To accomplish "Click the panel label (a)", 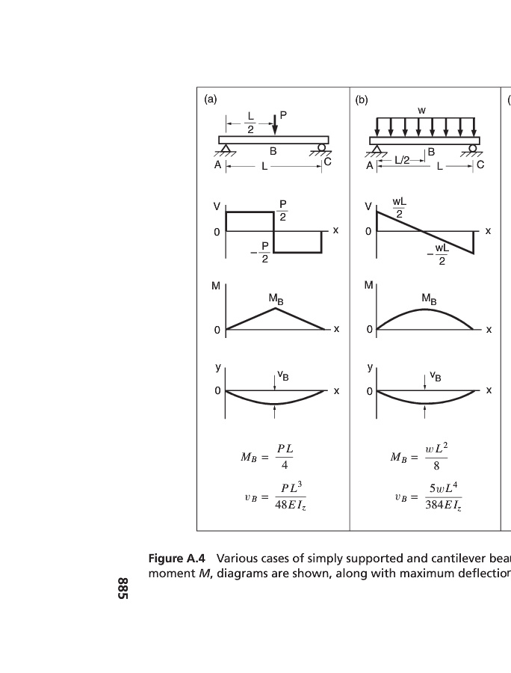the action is (211, 99).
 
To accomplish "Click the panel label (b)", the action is (362, 100).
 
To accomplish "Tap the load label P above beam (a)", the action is (283, 115).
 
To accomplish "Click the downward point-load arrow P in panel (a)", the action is (275, 123).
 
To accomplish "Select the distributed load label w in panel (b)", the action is (422, 111).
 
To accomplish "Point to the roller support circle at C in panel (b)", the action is (472, 148).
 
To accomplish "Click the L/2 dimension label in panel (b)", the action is (402, 161).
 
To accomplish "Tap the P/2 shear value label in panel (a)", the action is (282, 210).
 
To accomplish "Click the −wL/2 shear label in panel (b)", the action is (438, 254).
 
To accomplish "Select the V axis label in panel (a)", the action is (217, 206).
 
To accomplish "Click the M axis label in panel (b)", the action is (368, 285).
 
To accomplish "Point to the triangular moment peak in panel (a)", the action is (276, 308).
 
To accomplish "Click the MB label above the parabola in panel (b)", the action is (429, 298).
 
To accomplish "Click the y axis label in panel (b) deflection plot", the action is (370, 368).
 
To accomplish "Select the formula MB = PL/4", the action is (267, 457).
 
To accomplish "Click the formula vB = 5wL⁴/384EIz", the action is (428, 497).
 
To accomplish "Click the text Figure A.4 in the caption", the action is (176, 559).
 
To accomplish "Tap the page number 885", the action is (123, 589).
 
